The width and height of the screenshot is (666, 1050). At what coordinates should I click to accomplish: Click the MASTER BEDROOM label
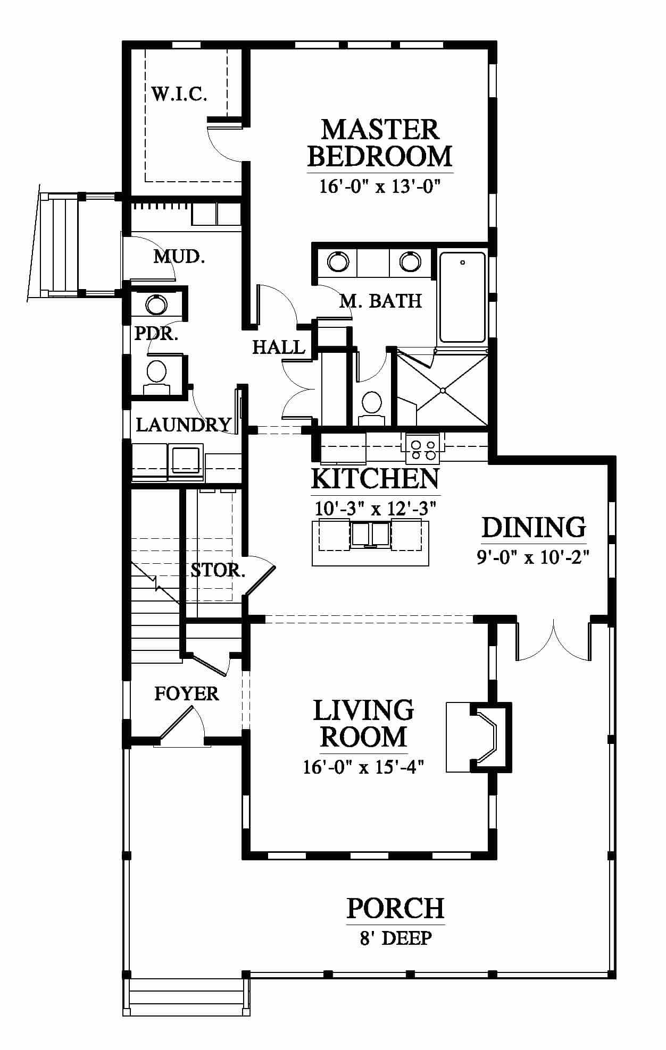[x=380, y=143]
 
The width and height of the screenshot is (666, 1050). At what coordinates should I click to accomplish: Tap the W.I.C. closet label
[x=179, y=95]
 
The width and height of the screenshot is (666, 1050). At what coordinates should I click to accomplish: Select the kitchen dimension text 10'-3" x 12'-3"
[x=376, y=509]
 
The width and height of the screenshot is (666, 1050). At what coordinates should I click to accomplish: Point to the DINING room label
[x=534, y=527]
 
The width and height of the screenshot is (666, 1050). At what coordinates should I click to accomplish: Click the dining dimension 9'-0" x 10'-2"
[x=534, y=557]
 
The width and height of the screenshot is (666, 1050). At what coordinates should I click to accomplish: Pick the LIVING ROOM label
[x=364, y=724]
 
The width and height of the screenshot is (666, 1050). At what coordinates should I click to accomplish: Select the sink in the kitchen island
[x=371, y=534]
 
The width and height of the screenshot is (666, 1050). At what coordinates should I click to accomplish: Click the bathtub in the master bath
[x=463, y=298]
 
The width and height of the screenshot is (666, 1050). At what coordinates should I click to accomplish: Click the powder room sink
[x=156, y=305]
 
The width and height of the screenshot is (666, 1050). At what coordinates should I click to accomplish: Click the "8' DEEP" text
[x=396, y=938]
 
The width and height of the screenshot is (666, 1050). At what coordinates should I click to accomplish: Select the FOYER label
[x=187, y=693]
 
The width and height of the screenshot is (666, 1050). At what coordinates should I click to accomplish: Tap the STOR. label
[x=218, y=571]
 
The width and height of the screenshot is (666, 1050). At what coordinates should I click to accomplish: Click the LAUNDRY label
[x=184, y=425]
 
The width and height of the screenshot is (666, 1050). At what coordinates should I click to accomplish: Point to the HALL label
[x=279, y=348]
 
